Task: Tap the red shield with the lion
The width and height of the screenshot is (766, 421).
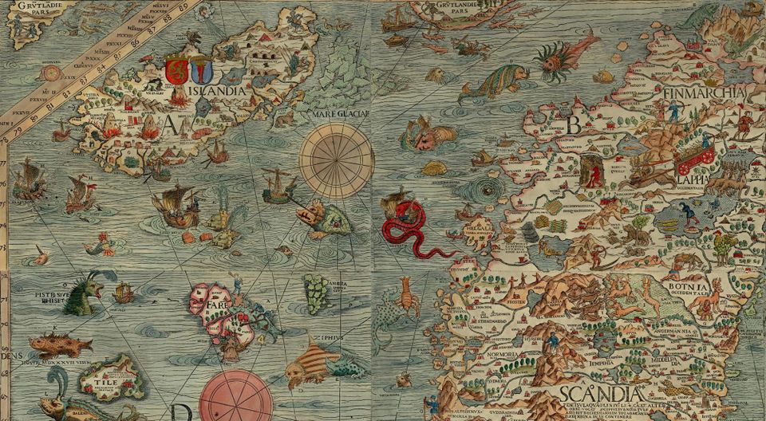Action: [x=176, y=70]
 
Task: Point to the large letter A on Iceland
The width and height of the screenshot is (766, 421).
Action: [x=169, y=126]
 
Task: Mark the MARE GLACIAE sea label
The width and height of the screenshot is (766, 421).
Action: [x=343, y=114]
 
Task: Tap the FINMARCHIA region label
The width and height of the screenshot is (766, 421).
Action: [x=702, y=94]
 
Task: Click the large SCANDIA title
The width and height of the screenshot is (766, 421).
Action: [x=601, y=394]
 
